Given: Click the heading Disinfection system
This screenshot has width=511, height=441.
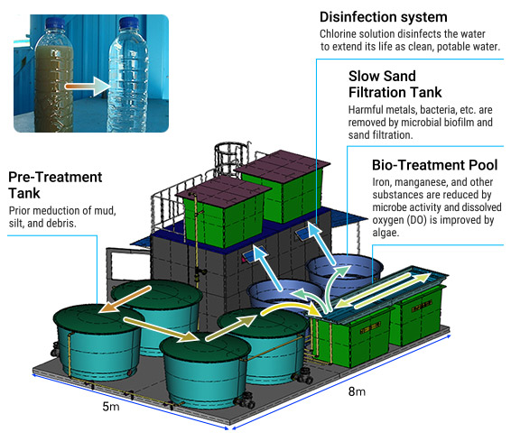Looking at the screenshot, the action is [383, 17].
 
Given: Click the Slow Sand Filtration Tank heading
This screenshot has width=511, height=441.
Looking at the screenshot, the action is [395, 84].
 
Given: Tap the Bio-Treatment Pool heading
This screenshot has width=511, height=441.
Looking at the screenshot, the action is [435, 165].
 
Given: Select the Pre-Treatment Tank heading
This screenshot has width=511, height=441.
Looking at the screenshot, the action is [55, 185].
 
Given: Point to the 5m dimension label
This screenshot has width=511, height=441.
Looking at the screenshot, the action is [111, 406].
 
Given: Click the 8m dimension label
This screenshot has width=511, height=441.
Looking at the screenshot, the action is [357, 391].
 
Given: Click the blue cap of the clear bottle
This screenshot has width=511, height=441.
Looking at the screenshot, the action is [129, 23].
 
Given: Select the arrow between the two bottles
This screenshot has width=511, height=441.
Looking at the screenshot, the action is [88, 87].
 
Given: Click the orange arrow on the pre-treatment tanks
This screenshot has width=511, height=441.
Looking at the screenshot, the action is [125, 299].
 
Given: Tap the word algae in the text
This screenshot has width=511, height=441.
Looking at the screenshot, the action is [386, 233].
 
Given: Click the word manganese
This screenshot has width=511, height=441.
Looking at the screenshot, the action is [418, 182].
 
